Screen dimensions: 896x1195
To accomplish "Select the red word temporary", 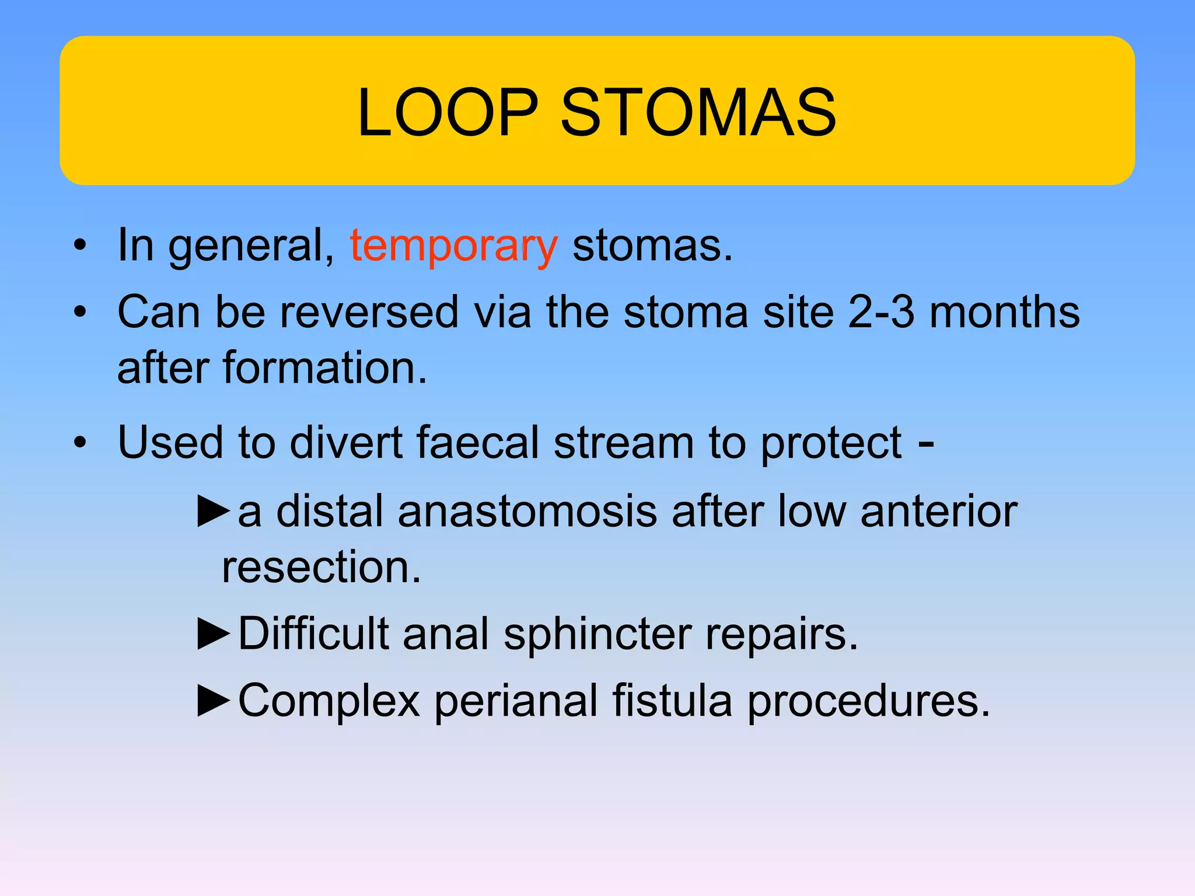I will point(453,247).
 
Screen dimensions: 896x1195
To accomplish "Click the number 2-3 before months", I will point(880,312).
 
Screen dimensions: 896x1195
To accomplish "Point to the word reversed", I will point(369,312).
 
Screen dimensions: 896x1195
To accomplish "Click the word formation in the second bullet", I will point(325,367).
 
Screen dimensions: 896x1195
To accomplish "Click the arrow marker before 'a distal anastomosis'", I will point(214,511).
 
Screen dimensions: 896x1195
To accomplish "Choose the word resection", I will point(321,567).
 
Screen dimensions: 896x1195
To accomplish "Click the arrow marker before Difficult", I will point(214,634).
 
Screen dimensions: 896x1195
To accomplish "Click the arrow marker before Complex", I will point(214,701).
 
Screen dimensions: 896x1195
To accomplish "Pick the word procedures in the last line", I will point(868,701).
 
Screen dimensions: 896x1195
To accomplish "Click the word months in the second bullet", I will point(1004,312).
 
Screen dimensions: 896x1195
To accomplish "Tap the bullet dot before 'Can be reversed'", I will point(80,311).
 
